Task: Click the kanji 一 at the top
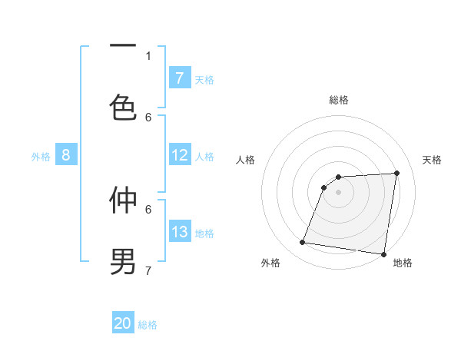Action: (x=123, y=46)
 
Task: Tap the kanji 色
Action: (x=123, y=108)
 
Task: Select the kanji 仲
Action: (x=123, y=200)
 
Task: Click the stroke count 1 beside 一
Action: (x=148, y=55)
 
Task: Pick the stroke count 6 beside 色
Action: (x=148, y=117)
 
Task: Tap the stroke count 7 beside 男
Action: (x=148, y=270)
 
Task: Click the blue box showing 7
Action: (x=179, y=78)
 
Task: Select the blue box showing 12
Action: (x=179, y=156)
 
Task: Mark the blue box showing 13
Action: (x=179, y=232)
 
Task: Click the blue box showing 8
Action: (x=66, y=156)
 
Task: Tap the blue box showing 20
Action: (x=123, y=323)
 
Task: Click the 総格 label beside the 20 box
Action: (x=148, y=325)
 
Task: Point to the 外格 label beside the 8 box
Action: (x=41, y=157)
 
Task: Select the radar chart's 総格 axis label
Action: (x=338, y=100)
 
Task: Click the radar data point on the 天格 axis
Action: (x=396, y=174)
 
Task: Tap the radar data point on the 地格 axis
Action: (x=383, y=254)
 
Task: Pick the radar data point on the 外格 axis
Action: (x=303, y=243)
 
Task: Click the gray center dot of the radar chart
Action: (x=338, y=192)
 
